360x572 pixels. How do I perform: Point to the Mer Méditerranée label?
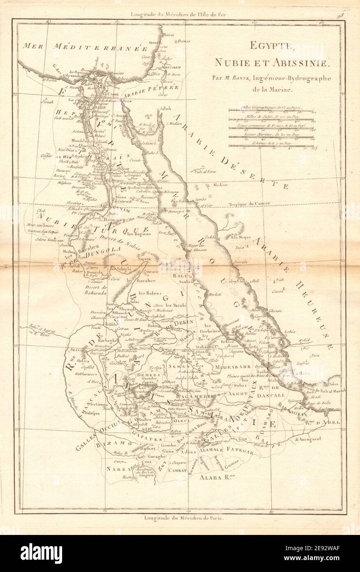[x=88, y=46]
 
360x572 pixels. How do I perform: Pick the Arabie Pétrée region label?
[x=151, y=88]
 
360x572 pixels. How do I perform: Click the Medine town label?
[x=220, y=185]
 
